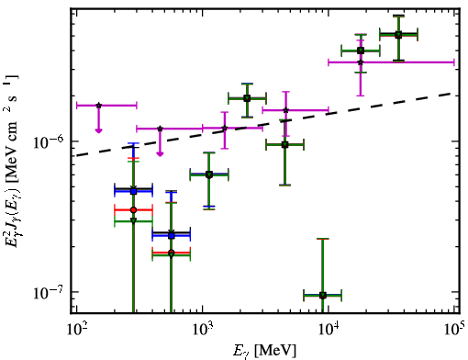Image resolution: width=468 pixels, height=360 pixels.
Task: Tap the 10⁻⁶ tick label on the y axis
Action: [x=48, y=141]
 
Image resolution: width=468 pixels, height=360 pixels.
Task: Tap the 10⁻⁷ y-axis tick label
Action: [x=48, y=292]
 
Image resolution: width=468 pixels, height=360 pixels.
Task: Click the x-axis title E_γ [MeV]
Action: [x=264, y=351]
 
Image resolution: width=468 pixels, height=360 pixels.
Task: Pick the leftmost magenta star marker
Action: [x=98, y=106]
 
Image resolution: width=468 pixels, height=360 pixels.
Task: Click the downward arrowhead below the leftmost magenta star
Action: [x=98, y=130]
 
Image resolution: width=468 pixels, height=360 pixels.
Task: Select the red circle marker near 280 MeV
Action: [x=133, y=210]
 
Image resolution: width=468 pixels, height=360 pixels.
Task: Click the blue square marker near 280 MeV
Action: [x=133, y=191]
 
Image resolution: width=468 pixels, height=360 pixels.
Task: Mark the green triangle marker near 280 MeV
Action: [x=133, y=220]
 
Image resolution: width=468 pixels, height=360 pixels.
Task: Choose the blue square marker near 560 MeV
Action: [x=172, y=235]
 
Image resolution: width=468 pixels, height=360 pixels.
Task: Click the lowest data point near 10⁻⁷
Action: [x=322, y=295]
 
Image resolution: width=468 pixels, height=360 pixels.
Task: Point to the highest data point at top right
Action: [x=398, y=35]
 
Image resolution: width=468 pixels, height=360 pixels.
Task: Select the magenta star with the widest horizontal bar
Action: [x=361, y=62]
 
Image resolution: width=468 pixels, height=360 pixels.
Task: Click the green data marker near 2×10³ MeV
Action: [x=247, y=98]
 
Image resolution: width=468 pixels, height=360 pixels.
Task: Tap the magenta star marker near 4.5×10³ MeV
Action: [x=285, y=110]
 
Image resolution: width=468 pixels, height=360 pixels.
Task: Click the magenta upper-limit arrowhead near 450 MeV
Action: [x=160, y=153]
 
